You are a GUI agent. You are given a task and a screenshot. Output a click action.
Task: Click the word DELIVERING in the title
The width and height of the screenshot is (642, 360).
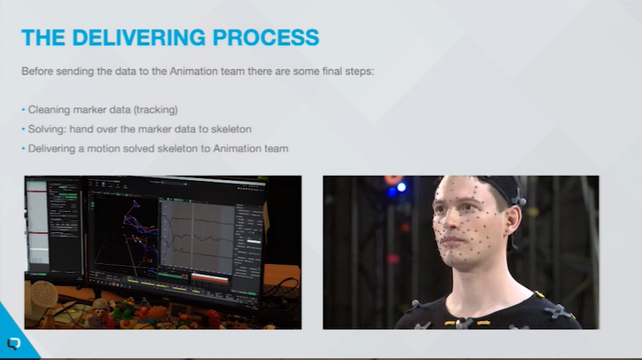139,37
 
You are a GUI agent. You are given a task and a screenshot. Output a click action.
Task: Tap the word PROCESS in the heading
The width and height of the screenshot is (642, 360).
266,37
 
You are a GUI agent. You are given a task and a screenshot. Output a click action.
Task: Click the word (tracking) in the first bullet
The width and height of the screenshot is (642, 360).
156,110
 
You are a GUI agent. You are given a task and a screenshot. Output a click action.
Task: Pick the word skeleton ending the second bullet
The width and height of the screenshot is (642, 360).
231,129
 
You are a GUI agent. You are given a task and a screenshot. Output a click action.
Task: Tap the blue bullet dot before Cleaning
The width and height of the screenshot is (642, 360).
23,110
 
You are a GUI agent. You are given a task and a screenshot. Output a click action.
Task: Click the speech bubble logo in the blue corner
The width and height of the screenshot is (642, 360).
14,343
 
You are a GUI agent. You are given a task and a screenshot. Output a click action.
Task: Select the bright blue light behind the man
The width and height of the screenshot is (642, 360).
401,187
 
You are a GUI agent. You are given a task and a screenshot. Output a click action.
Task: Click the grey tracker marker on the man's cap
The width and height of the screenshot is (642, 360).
518,199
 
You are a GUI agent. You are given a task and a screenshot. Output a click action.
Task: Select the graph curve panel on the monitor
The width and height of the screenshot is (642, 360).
198,237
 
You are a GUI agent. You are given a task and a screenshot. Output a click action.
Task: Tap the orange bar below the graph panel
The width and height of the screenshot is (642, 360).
209,279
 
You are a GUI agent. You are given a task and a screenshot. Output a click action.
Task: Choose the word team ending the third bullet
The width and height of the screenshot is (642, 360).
276,149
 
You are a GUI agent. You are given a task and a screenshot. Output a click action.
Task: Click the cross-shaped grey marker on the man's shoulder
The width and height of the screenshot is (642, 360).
558,311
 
